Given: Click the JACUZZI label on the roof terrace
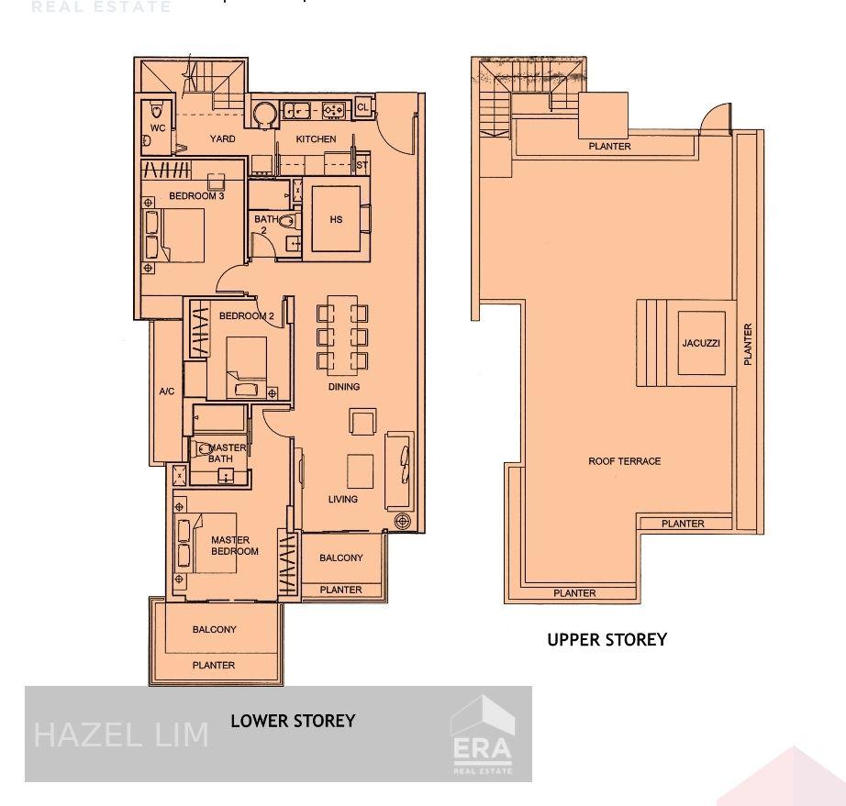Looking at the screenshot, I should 702,343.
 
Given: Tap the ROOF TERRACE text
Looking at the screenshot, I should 624,461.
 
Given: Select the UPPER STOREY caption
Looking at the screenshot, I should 607,639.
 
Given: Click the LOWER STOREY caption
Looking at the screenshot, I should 292,721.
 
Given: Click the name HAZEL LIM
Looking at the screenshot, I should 121,734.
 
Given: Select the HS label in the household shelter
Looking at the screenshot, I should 336,220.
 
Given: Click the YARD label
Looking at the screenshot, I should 222,139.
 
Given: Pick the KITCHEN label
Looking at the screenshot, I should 316,139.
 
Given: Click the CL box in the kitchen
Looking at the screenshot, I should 362,107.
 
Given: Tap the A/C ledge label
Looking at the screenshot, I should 167,392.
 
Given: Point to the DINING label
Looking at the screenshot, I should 344,387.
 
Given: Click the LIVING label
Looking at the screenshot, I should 343,500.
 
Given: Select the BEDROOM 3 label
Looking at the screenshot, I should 196,196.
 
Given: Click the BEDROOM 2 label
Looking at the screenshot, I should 246,316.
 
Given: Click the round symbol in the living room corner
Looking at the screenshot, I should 402,522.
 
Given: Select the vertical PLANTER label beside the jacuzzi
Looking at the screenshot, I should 748,345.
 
